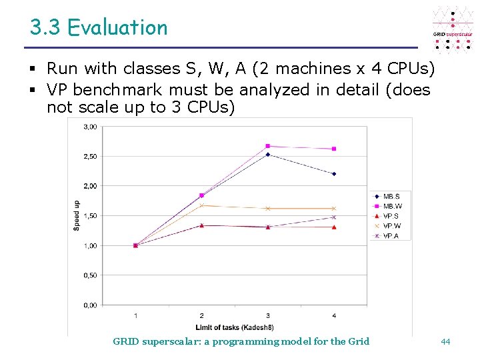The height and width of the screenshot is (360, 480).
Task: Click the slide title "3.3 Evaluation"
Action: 99,28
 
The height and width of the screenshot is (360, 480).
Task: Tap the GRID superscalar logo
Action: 453,31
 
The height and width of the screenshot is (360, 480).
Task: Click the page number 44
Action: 445,341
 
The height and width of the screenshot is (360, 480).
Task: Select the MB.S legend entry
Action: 391,196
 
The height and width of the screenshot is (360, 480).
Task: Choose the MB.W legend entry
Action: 391,206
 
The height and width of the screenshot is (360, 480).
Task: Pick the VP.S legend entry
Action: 391,216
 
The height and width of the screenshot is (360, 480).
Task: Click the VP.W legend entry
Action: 391,226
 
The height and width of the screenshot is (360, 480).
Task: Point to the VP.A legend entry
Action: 391,236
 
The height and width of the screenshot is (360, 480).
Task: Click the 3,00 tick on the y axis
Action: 90,127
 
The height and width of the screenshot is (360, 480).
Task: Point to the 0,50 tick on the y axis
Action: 90,275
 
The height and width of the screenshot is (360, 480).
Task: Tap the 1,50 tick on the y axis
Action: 90,216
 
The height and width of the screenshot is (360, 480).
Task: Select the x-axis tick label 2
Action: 202,315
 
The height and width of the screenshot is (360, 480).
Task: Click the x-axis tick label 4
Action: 334,315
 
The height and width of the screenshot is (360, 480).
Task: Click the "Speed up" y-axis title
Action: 77,215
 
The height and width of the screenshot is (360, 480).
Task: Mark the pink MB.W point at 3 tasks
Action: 268,146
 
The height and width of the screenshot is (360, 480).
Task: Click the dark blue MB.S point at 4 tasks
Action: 334,174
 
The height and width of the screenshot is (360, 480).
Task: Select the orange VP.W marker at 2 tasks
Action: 202,205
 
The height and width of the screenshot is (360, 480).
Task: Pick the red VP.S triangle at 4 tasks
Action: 334,227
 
